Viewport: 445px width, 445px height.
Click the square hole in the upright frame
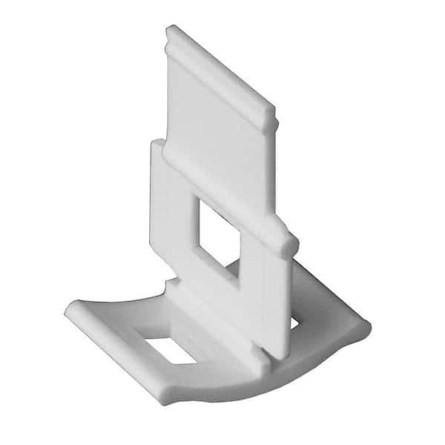218,232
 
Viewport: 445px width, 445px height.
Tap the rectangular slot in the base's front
170,350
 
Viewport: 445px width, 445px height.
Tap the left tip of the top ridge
171,31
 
